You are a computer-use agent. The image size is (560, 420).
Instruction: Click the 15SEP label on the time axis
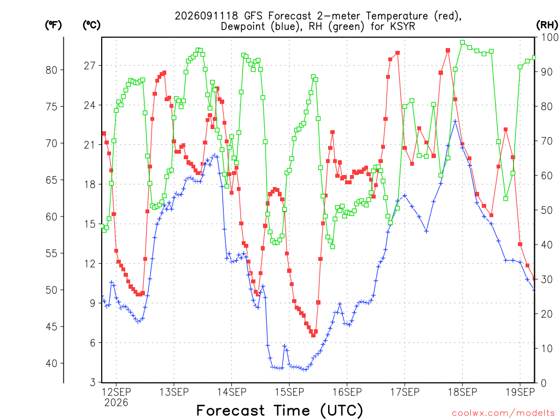tap(289, 392)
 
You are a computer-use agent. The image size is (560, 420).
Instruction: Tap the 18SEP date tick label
tap(463, 392)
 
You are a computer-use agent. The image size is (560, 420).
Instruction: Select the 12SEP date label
tap(116, 392)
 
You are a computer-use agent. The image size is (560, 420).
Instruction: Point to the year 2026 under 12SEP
tap(116, 403)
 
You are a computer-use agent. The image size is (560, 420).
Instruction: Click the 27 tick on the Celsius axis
tap(90, 66)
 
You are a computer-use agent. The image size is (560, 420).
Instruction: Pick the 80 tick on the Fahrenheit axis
tap(51, 70)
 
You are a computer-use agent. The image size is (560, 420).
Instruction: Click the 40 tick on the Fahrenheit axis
tap(51, 364)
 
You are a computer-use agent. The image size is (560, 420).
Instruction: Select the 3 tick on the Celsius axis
tap(93, 382)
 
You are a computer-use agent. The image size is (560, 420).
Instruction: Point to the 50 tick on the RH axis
tap(547, 210)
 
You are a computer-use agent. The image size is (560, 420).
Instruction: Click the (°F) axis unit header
tap(53, 25)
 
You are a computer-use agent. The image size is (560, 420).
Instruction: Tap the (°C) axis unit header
tap(91, 25)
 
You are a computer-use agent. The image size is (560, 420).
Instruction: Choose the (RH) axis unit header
tap(547, 25)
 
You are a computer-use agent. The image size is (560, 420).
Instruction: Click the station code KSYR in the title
tap(403, 26)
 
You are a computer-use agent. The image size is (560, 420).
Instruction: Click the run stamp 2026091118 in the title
tap(206, 16)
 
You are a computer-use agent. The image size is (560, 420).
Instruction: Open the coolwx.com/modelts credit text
tap(503, 413)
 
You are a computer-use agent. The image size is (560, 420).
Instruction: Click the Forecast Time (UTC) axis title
tap(279, 411)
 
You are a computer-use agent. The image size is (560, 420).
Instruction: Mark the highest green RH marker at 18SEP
tap(463, 43)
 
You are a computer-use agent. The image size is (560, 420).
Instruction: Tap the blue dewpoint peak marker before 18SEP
tap(455, 121)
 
